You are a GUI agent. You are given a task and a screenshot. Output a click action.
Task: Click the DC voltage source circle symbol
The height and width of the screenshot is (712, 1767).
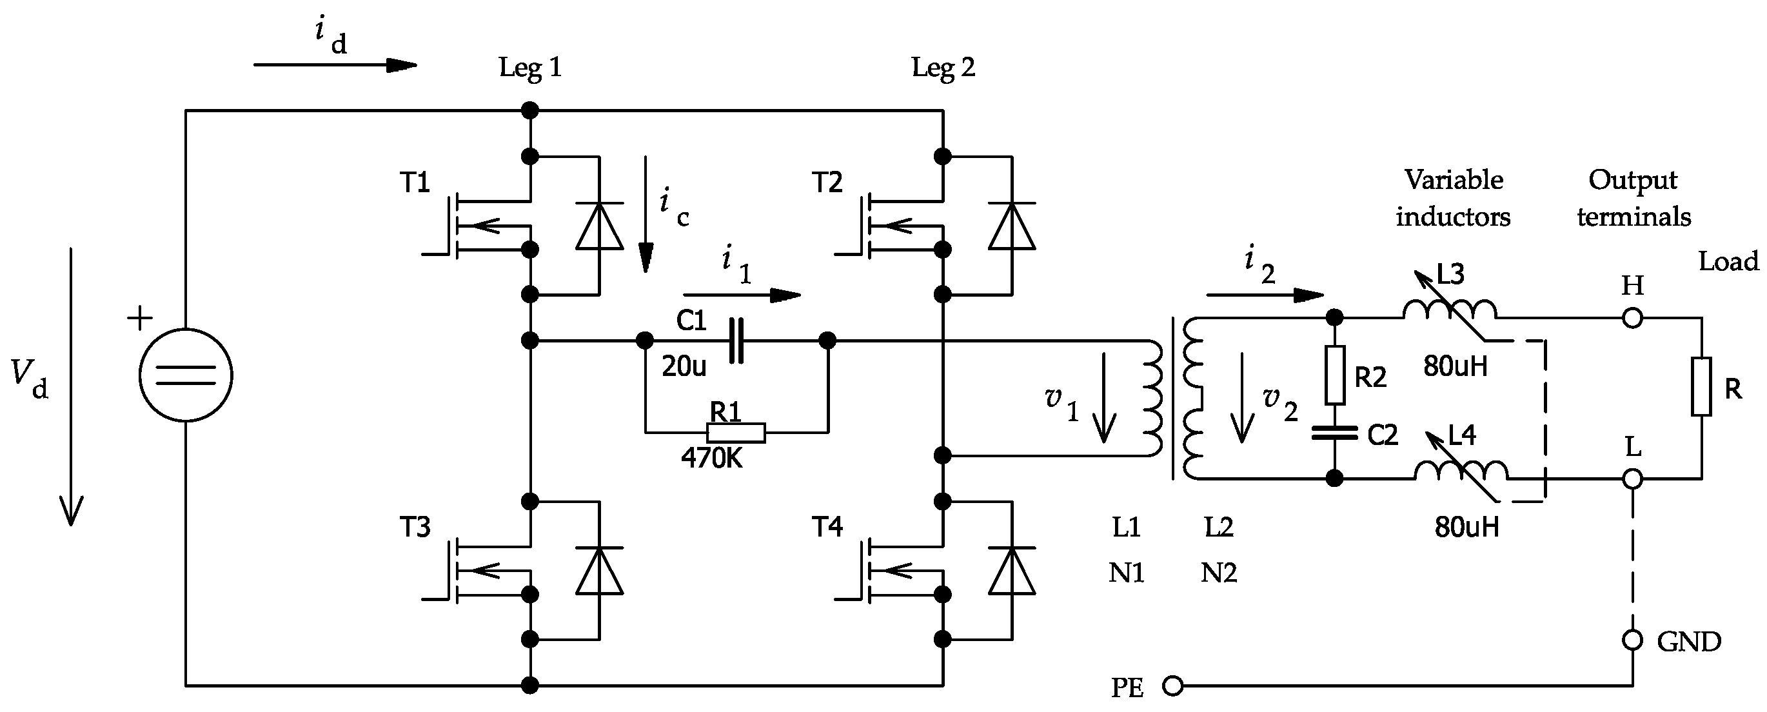[186, 375]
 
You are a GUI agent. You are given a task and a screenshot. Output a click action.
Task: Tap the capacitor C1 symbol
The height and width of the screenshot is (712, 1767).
[736, 341]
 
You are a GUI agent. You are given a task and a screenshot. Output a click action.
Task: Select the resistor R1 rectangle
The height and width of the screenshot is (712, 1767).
[736, 432]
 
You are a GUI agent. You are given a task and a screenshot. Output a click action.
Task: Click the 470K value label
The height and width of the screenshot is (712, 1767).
[711, 458]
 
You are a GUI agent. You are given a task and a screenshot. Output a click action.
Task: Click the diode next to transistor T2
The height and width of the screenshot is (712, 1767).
[1012, 226]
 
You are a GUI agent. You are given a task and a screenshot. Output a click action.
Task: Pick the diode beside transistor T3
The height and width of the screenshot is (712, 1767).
[600, 570]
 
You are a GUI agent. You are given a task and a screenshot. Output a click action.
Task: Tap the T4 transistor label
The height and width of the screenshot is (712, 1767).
[827, 527]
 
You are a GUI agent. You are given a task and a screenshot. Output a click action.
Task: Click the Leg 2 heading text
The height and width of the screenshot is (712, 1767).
[942, 68]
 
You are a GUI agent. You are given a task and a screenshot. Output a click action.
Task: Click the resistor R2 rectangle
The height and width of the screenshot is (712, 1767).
[1334, 375]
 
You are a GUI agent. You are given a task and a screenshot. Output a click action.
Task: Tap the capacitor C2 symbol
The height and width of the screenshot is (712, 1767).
[1334, 433]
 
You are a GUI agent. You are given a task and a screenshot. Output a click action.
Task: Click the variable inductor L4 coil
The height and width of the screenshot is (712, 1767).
[1461, 471]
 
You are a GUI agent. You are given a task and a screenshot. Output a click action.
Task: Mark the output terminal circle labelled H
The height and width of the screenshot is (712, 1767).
[1633, 319]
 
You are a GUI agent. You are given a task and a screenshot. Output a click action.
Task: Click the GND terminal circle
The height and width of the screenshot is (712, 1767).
[1633, 640]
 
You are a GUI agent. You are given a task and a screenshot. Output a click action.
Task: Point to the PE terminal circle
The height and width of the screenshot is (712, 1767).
[1173, 686]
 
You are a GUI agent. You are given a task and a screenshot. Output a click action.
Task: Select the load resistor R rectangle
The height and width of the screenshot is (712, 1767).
[1701, 386]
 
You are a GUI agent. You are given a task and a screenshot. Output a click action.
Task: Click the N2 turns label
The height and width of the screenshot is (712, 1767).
[1218, 573]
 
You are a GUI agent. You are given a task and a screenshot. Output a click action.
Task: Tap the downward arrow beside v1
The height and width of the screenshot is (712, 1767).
[1103, 398]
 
